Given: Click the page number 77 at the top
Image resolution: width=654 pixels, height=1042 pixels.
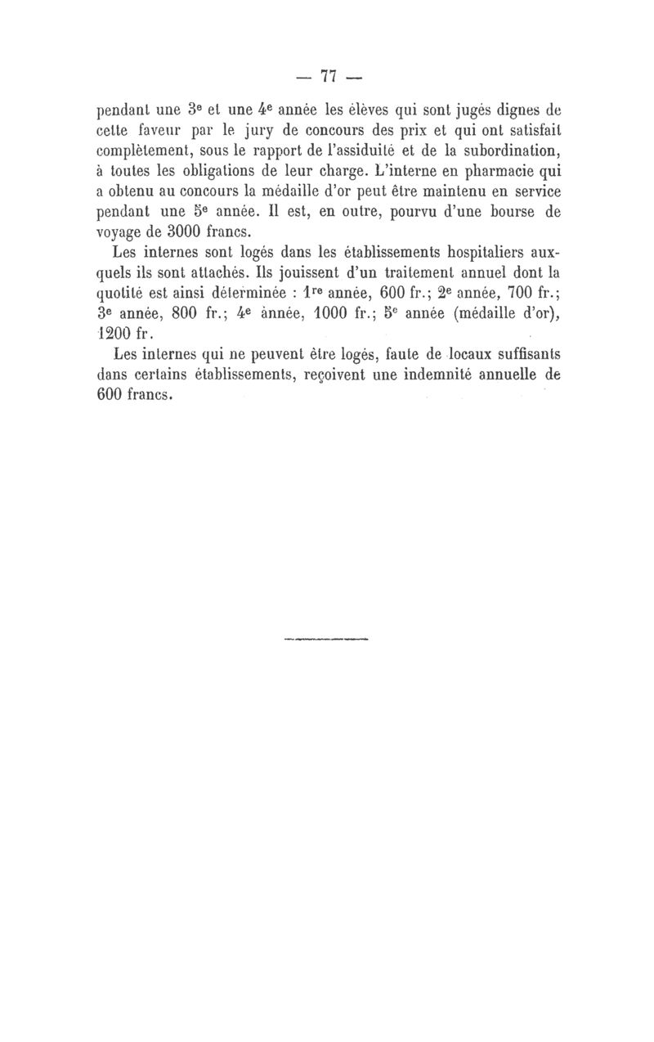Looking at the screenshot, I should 330,77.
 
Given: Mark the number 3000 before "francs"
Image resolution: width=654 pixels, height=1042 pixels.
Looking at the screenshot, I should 186,231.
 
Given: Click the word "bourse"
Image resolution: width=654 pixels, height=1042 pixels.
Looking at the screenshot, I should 495,211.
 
